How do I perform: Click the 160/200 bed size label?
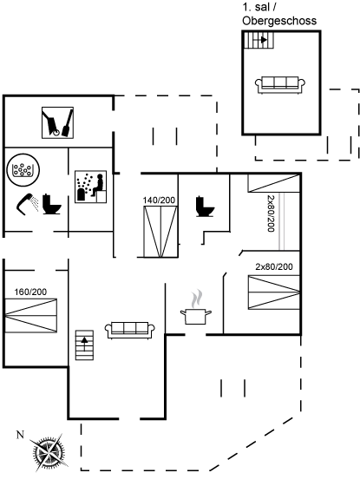(30, 292)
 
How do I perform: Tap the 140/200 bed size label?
(159, 200)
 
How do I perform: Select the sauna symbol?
(90, 187)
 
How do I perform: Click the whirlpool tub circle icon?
(23, 170)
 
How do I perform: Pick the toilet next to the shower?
(51, 205)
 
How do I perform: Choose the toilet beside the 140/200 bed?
(205, 207)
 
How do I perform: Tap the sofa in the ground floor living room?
(130, 330)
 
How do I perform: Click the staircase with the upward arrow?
(85, 345)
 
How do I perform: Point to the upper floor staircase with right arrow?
(259, 40)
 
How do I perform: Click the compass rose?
(49, 453)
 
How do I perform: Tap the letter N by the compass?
(20, 435)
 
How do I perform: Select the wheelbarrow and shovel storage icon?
(57, 122)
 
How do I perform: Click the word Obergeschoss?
(279, 21)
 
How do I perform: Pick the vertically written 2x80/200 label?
(271, 213)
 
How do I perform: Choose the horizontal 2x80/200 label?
(274, 266)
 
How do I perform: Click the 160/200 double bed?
(31, 316)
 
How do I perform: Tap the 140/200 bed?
(160, 232)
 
